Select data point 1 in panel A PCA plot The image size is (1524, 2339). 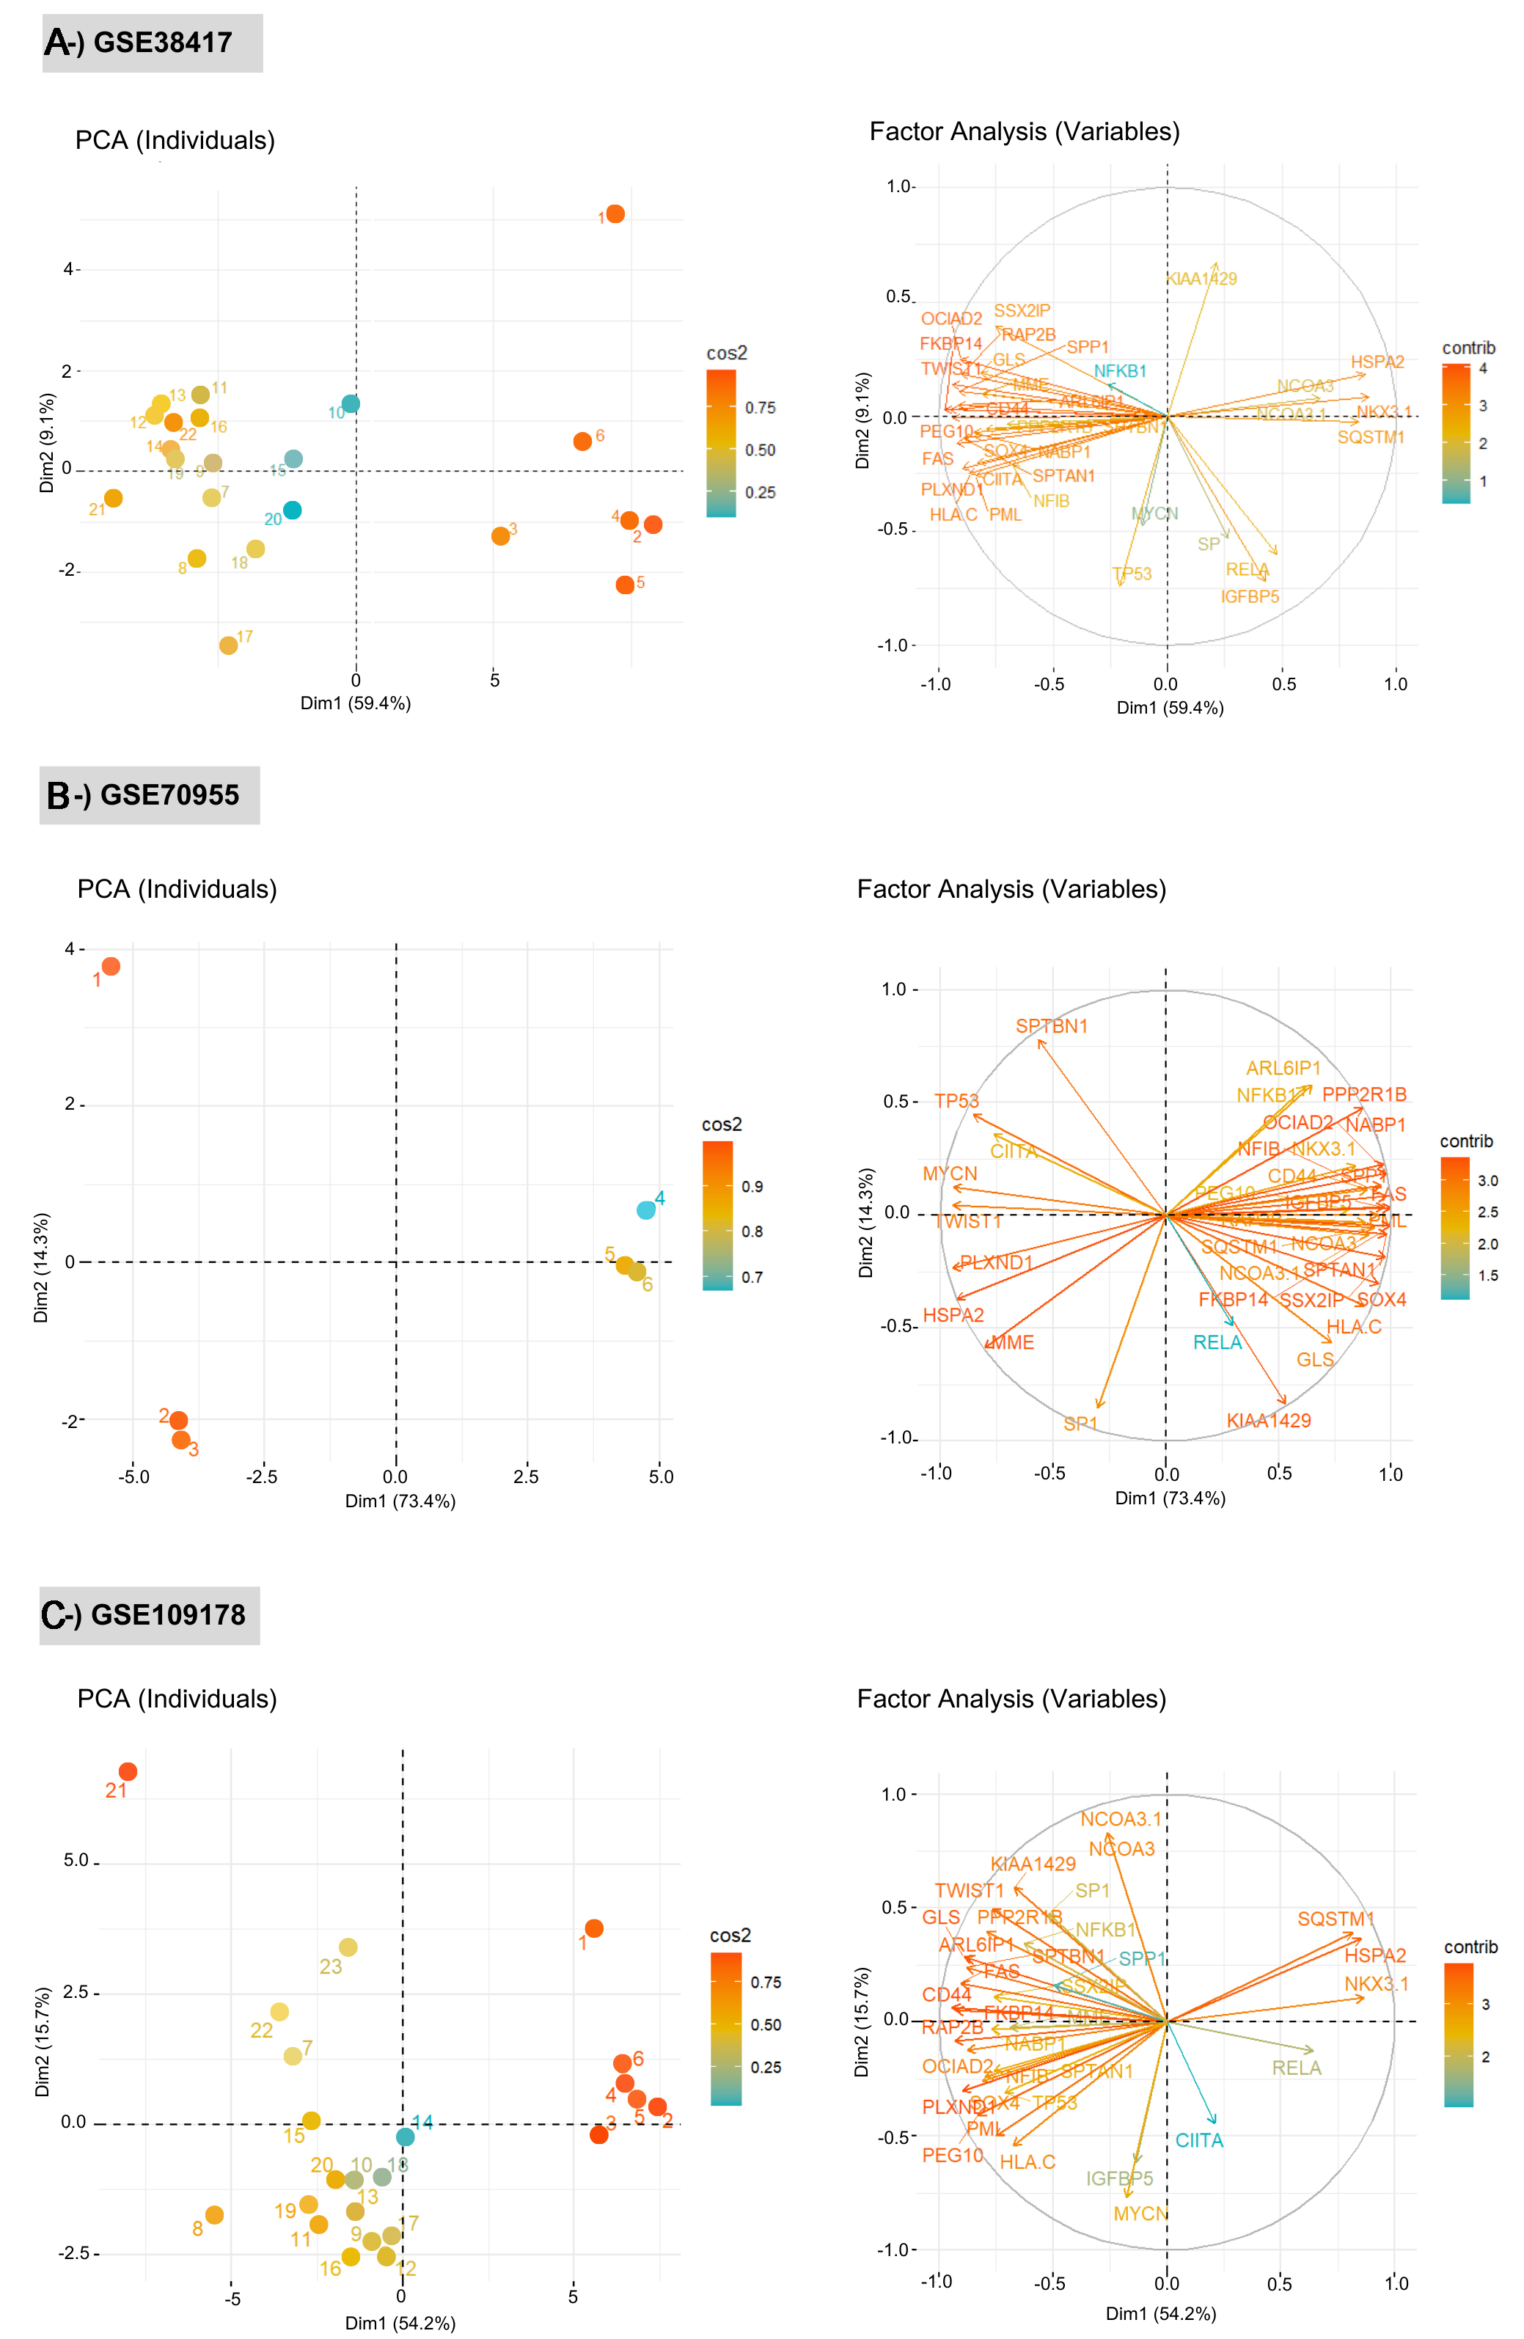615,214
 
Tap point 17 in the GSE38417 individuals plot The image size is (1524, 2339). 228,645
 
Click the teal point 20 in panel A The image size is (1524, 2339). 292,510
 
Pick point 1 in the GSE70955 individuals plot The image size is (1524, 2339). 111,967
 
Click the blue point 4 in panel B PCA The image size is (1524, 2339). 645,1209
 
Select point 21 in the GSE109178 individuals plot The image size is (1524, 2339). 128,1772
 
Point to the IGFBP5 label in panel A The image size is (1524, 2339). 1249,596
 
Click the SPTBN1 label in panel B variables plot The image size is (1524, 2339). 1052,1026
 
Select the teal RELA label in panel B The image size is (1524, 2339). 1217,1342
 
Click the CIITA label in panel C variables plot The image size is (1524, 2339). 1199,2140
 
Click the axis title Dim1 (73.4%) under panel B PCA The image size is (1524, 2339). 400,1501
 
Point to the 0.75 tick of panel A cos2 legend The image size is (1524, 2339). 760,408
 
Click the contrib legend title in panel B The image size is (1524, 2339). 1466,1141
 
